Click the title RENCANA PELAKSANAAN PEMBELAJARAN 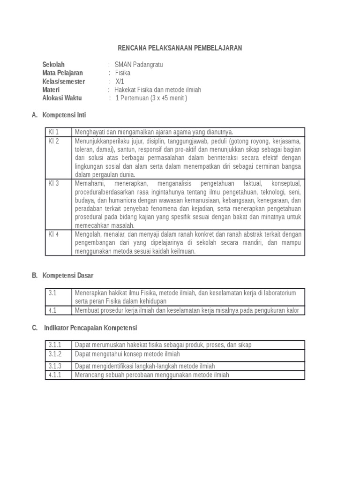point(180,48)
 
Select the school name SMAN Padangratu point(139,64)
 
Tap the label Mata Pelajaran point(62,73)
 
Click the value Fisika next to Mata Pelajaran point(123,73)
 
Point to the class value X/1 point(120,81)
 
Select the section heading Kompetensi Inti point(64,115)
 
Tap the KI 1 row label point(54,132)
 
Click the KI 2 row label point(54,141)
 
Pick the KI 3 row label point(54,183)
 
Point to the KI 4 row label point(54,234)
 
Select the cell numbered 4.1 point(52,310)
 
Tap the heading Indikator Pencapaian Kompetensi point(90,328)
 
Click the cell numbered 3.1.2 point(55,354)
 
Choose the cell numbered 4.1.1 point(55,375)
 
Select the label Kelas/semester point(64,81)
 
